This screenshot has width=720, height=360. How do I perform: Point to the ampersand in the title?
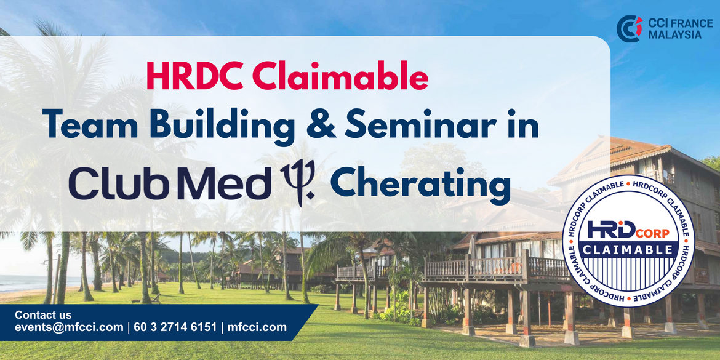(320, 124)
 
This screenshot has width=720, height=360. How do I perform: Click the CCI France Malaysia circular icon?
(629, 28)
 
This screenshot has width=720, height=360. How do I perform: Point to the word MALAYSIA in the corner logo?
(674, 35)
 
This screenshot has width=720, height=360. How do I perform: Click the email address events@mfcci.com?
(69, 327)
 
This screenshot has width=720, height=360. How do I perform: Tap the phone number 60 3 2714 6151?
(175, 327)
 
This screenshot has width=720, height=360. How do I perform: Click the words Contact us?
(43, 316)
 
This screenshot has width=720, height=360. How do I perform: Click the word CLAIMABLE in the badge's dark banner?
(629, 249)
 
